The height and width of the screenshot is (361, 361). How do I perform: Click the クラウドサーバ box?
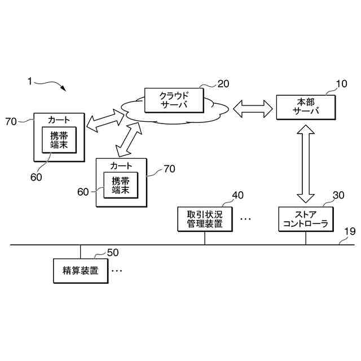tap(173, 100)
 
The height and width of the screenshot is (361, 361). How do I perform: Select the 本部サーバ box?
tap(306, 107)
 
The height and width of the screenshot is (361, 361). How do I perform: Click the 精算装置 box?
tap(80, 271)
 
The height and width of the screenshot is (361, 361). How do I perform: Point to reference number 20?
tap(223, 84)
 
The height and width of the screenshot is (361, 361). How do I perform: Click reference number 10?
tap(342, 85)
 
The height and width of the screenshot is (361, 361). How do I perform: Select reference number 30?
tap(338, 195)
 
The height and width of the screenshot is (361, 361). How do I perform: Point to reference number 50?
tap(113, 253)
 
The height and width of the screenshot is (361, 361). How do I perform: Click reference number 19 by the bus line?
tap(349, 231)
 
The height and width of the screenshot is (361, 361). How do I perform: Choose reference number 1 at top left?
tap(29, 81)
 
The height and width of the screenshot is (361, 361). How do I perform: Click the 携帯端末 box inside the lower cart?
tap(120, 186)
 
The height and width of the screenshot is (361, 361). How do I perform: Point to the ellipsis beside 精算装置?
tap(117, 271)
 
